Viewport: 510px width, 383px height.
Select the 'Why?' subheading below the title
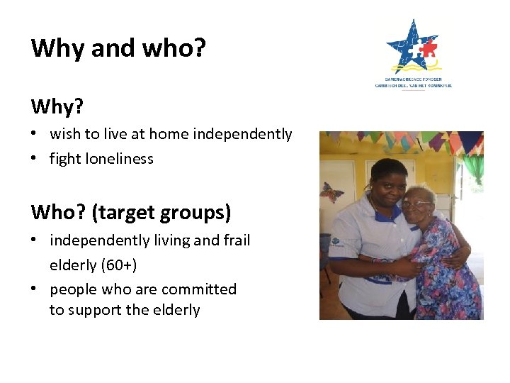pos(57,106)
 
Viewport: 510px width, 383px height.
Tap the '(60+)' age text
pos(118,265)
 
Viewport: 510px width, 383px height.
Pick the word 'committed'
pos(198,289)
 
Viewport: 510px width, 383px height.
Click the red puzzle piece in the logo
pos(428,50)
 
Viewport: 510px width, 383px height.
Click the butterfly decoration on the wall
pos(331,192)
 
